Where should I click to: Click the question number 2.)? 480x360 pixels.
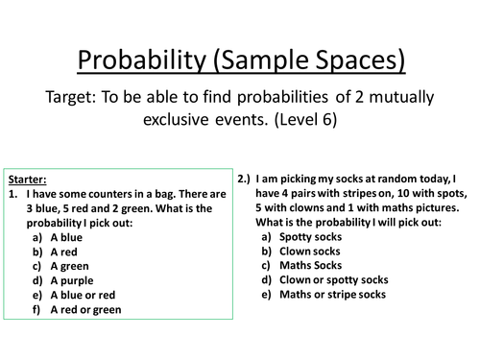(245, 179)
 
